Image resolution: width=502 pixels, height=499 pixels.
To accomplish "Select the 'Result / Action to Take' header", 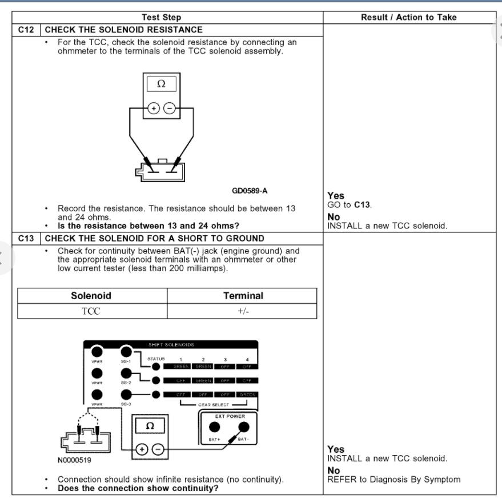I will [x=408, y=17].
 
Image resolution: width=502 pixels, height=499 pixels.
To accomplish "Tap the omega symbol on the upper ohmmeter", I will [x=161, y=84].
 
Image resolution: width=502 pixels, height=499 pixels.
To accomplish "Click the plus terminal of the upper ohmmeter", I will [x=154, y=109].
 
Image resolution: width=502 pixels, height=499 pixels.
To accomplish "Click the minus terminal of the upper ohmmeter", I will [x=170, y=109].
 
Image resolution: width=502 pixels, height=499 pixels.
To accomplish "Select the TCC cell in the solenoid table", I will [x=91, y=311].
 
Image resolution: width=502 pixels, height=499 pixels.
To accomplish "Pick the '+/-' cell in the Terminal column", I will [x=242, y=311].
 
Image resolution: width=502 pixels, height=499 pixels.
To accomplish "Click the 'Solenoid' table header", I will [x=91, y=296].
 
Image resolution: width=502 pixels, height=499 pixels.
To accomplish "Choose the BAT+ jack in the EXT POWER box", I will [x=215, y=427].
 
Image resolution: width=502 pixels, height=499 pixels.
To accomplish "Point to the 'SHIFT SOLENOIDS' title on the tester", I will [x=171, y=344].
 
